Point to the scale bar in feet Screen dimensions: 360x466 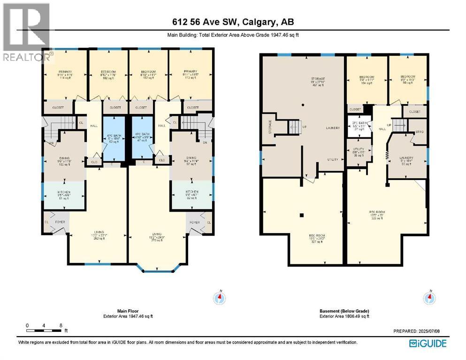tap(45, 330)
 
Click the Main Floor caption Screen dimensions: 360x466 tap(128, 314)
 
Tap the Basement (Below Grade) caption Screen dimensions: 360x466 tap(344, 314)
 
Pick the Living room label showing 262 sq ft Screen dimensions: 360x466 tap(99, 235)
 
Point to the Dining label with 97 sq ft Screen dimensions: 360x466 tap(191, 162)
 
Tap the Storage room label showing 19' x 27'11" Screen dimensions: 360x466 tap(305, 82)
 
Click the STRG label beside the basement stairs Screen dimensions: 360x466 tap(419, 132)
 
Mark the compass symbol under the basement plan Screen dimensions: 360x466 tap(428, 297)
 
